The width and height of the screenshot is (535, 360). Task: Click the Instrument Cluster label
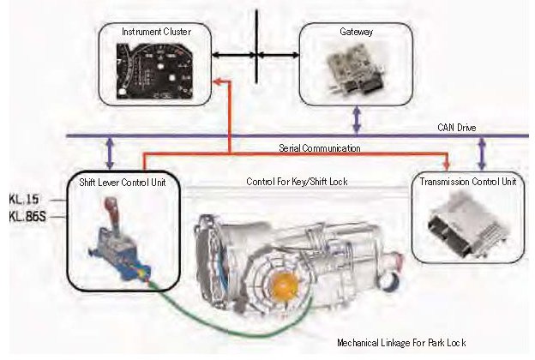pos(156,32)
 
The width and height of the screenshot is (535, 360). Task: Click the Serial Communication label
pos(319,148)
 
